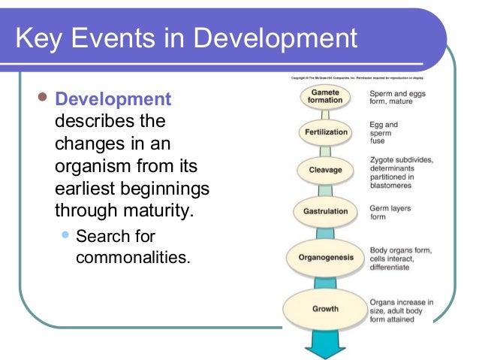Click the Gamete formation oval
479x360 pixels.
325,96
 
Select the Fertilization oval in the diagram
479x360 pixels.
325,132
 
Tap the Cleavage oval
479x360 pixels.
325,170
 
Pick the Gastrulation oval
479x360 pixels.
325,211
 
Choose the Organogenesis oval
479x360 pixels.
325,258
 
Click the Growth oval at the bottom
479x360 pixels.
325,308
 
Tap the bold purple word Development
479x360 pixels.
113,99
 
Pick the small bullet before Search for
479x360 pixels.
65,236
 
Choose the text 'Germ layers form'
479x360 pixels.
390,212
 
